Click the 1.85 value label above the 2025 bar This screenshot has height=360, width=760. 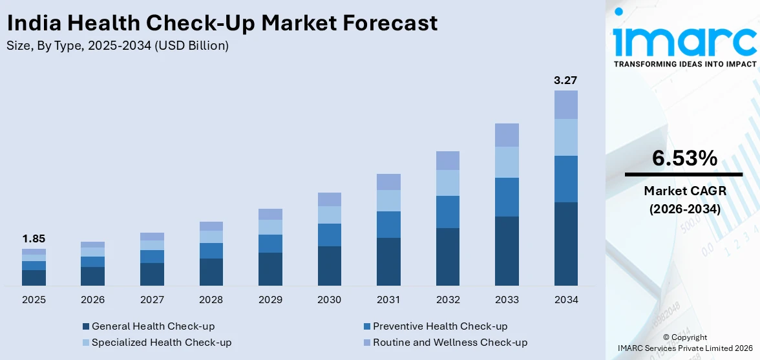click(34, 238)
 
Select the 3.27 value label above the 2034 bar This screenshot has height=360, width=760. click(565, 80)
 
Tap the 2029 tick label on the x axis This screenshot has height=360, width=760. click(270, 300)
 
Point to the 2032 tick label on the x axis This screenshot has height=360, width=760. click(448, 300)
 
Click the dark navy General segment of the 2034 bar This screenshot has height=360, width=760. click(566, 244)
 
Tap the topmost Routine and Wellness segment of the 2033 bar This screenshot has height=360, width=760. click(507, 134)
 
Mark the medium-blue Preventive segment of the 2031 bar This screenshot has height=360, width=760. click(388, 224)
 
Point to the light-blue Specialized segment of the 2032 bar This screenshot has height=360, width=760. click(448, 183)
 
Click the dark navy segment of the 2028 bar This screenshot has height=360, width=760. click(211, 272)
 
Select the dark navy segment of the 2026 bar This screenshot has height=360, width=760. click(92, 276)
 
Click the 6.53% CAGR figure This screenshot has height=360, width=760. click(684, 158)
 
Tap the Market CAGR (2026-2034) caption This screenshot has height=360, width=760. click(684, 200)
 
